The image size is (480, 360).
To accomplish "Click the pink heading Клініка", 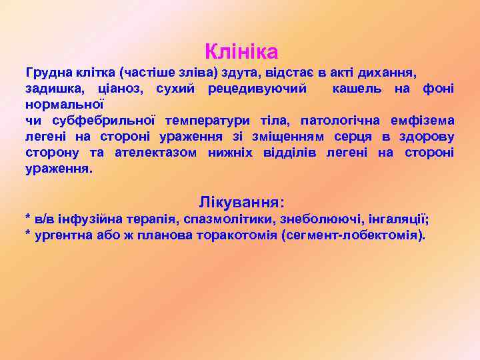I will (x=241, y=50).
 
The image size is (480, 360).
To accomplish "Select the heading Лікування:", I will (x=241, y=201).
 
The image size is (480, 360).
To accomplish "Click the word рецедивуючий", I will (x=257, y=88).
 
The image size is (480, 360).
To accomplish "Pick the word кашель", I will (x=365, y=88).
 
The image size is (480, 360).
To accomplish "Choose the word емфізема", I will (x=427, y=121).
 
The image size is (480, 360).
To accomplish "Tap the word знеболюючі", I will (x=313, y=219).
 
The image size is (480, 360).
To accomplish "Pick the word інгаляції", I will (x=399, y=219).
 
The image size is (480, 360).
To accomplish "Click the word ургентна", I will (x=61, y=235).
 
